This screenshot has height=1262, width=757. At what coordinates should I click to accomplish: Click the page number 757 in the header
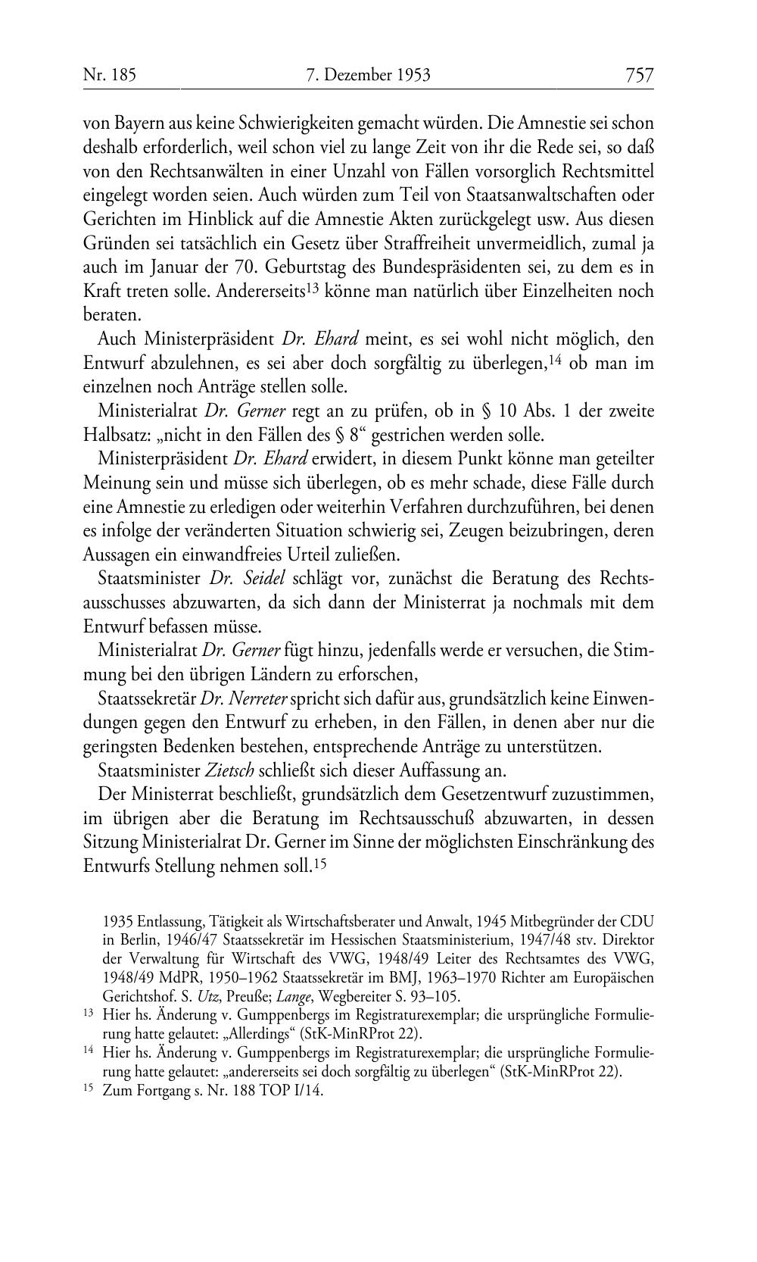tap(639, 75)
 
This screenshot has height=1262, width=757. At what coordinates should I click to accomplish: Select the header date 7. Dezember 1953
tap(369, 75)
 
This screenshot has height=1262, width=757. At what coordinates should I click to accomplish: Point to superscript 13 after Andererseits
tap(315, 289)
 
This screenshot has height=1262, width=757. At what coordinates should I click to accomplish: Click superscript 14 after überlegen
tap(557, 360)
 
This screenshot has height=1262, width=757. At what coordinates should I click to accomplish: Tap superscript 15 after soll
tap(321, 863)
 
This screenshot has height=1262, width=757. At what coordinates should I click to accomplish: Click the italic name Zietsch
tap(230, 770)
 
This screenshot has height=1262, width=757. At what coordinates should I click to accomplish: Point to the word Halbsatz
tap(113, 436)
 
